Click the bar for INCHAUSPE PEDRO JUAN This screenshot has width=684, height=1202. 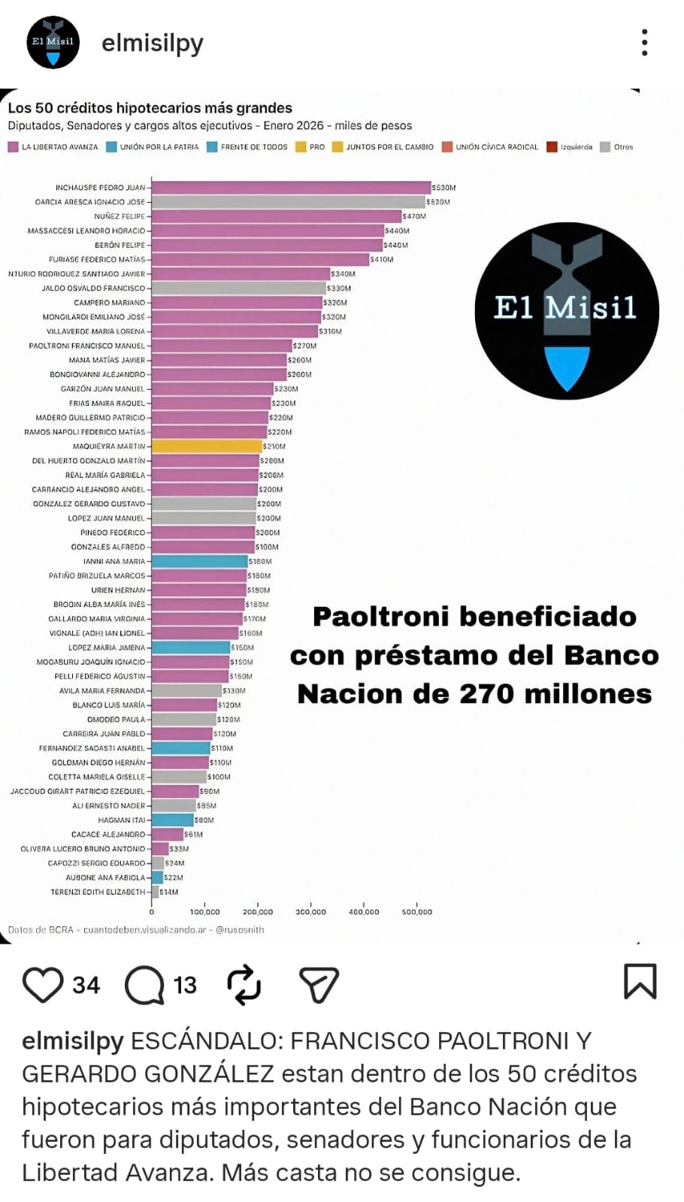pos(291,188)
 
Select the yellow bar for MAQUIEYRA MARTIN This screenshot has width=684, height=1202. pos(207,446)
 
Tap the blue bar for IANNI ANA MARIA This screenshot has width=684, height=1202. pos(199,561)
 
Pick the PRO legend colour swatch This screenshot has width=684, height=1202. pos(301,147)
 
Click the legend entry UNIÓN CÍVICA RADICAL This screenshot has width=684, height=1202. pos(496,147)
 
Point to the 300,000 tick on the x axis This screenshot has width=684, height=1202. pos(310,911)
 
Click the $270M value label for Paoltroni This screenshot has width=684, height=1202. pos(304,346)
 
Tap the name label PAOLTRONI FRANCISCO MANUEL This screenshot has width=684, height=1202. pos(86,346)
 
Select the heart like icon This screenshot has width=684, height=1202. pos(43,984)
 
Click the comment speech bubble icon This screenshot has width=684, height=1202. pos(144,984)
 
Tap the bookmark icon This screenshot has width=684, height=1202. pos(640,982)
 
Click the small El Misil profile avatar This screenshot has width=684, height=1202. pos(53,43)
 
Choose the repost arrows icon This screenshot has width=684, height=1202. pos(244,984)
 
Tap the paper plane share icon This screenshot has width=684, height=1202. pos(319,984)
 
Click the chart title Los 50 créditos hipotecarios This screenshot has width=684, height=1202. pos(150,108)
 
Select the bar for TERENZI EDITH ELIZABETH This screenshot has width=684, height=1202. pos(155,892)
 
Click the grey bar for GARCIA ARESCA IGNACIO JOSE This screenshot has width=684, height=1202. pos(288,202)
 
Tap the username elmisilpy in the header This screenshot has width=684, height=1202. pos(153,44)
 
